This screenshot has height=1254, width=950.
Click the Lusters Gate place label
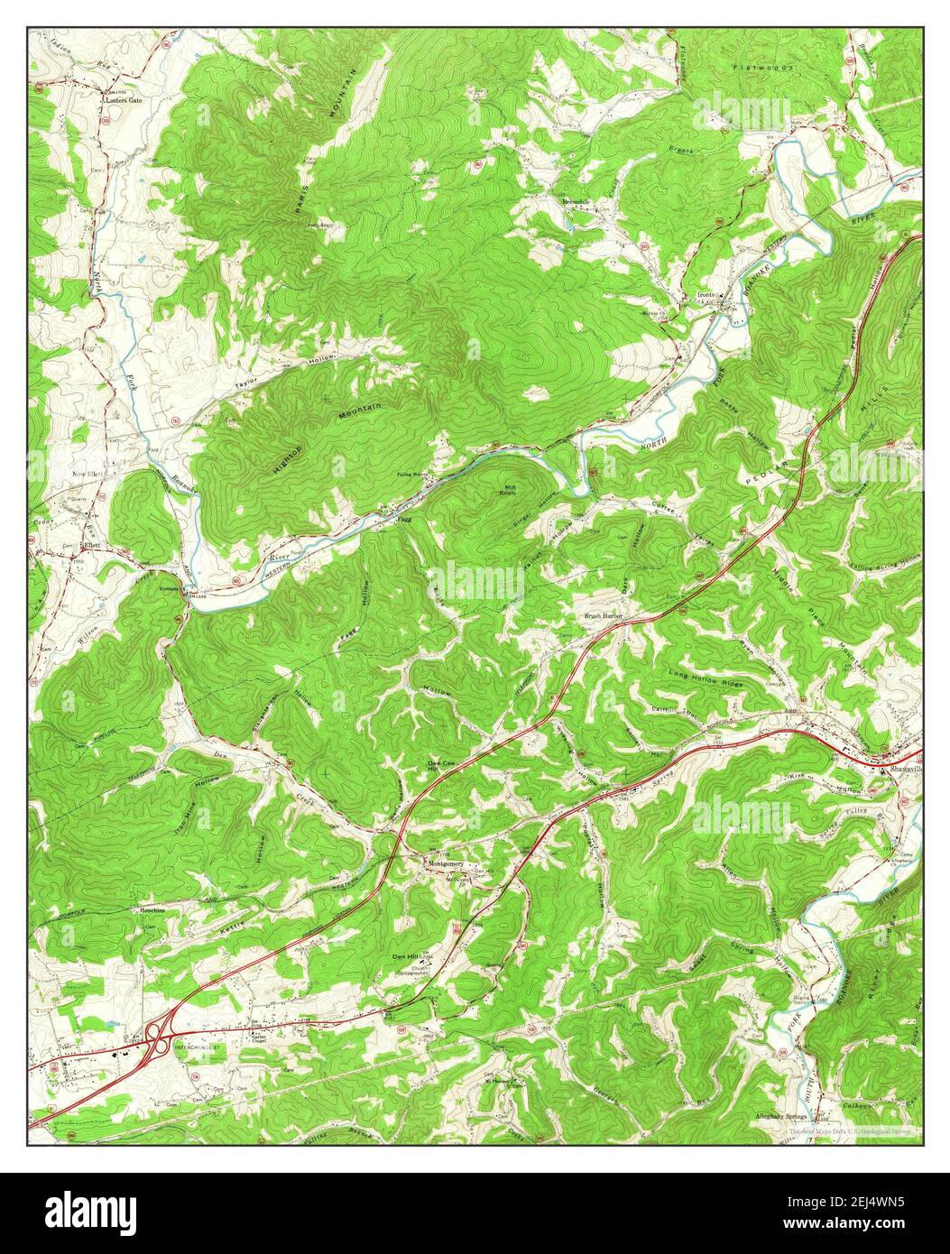122,100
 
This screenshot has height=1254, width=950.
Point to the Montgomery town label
446,863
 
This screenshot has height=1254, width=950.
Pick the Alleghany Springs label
781,1116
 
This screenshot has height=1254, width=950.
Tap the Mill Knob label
510,490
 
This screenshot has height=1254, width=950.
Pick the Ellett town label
90,547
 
